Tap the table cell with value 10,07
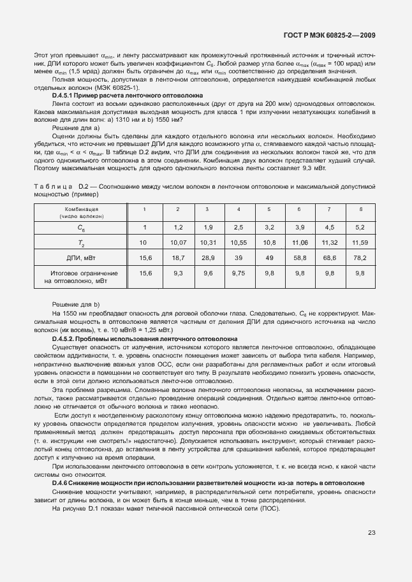pyautogui.click(x=177, y=243)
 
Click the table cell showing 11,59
pyautogui.click(x=360, y=243)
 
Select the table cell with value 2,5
pyautogui.click(x=238, y=227)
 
